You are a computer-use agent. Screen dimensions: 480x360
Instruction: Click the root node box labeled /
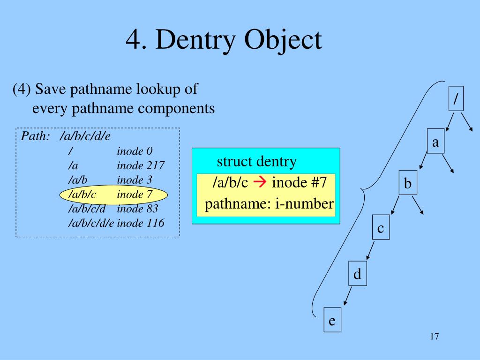(456, 98)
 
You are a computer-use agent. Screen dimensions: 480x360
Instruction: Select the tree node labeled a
(435, 142)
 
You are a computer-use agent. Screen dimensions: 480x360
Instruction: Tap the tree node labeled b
(408, 184)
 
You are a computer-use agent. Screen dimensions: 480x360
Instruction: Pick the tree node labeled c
(381, 228)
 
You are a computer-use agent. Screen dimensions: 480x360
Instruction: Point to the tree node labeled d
(357, 274)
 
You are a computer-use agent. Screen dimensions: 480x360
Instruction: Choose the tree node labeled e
(332, 321)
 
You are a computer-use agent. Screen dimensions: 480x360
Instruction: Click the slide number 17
(434, 337)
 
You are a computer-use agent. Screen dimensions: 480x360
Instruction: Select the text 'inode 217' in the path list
(141, 165)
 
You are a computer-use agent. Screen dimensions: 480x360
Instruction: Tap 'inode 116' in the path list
(141, 223)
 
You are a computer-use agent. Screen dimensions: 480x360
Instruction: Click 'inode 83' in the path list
(138, 208)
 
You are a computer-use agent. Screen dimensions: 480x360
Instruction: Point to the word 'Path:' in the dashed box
(36, 136)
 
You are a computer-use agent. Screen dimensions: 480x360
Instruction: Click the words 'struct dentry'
(256, 162)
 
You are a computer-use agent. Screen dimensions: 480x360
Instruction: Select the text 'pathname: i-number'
(269, 204)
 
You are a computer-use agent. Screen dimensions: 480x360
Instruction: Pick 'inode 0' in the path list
(135, 151)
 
